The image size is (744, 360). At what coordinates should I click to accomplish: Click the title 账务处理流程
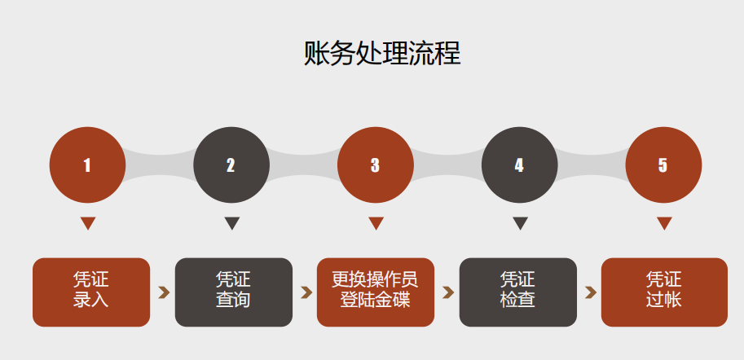pos(382,53)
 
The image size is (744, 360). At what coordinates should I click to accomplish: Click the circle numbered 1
pos(88,165)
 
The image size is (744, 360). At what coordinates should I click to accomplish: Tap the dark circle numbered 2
pos(231,165)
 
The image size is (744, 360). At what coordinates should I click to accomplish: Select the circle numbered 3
pos(376,165)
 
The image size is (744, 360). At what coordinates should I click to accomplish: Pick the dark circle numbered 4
pos(520,165)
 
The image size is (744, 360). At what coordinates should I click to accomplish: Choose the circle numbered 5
pos(664,165)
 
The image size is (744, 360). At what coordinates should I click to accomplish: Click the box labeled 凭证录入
pos(91,292)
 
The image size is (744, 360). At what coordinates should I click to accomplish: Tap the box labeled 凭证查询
pos(233,292)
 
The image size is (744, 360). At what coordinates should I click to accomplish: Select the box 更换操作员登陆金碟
pos(376,292)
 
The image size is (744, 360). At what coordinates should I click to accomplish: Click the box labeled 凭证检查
pos(517,292)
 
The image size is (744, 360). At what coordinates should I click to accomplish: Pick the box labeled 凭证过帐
pos(664,292)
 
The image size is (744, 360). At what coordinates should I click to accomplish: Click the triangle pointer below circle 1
pos(88,223)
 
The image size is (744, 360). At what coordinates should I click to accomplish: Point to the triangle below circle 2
pos(232,223)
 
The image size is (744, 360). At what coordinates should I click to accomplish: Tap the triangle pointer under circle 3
pos(376,223)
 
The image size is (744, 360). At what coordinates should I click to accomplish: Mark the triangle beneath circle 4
pos(520,223)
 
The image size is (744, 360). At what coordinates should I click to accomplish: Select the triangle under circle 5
pos(664,223)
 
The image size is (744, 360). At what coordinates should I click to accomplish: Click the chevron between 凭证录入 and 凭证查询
pos(164,292)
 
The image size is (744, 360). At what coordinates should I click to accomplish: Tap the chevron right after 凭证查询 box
pos(306,292)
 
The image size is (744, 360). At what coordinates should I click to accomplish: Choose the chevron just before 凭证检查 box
pos(448,292)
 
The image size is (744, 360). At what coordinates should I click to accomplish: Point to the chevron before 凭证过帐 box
pos(590,292)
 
